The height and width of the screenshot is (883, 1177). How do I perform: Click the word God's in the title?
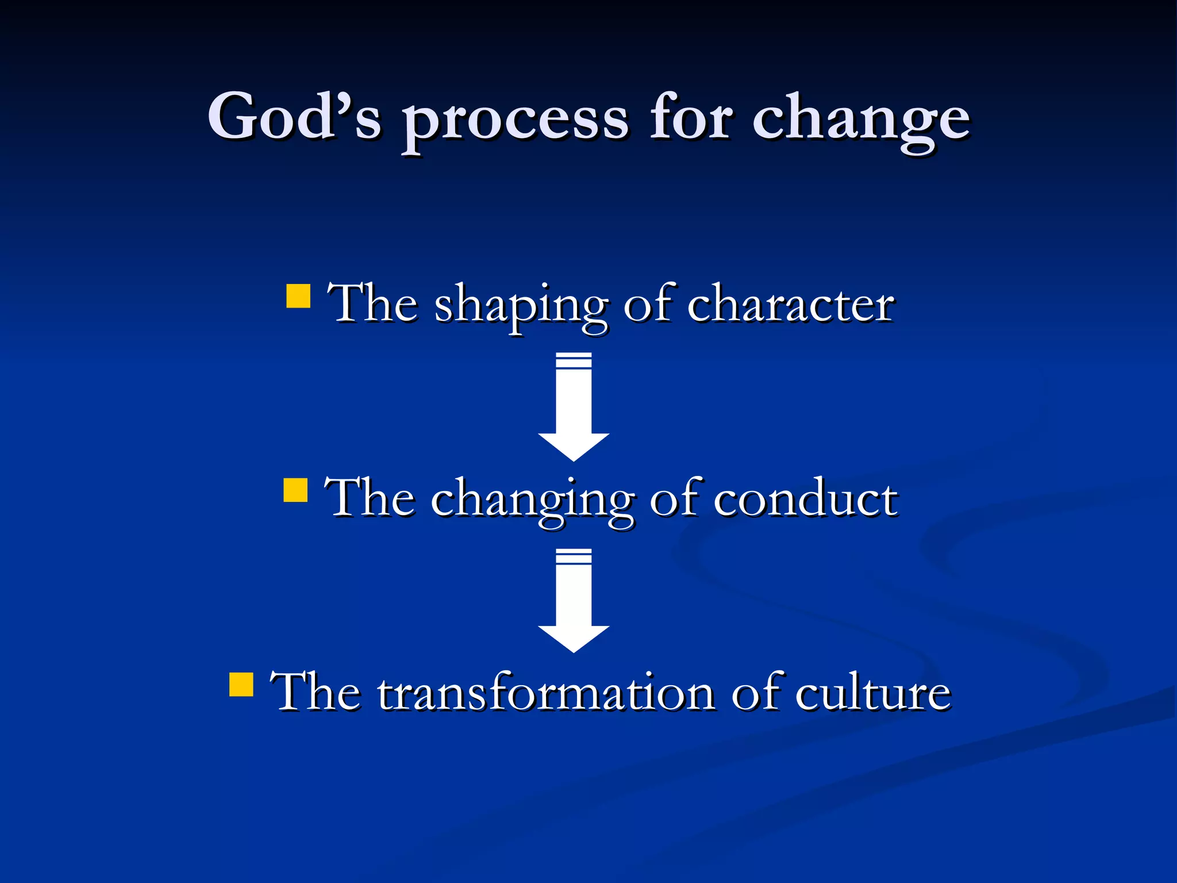[294, 117]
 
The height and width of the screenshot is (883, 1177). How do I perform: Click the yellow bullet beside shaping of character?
[298, 297]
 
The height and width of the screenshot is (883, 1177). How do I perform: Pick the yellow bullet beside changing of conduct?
[295, 490]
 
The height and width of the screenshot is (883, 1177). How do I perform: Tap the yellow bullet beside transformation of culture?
[241, 684]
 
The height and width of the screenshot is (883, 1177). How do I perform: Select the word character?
[790, 305]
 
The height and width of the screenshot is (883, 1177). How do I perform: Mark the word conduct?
[805, 498]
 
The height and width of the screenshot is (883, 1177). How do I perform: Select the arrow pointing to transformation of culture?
[574, 600]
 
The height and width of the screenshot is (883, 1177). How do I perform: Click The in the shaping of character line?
[372, 304]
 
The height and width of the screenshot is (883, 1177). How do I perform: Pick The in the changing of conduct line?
[370, 498]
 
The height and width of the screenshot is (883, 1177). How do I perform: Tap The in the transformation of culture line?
[316, 692]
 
